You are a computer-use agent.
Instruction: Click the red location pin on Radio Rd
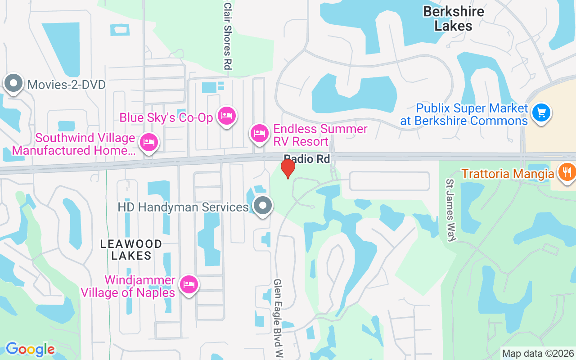click(288, 168)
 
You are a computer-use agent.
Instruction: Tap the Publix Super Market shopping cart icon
click(541, 112)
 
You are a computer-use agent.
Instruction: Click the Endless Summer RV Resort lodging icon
click(260, 134)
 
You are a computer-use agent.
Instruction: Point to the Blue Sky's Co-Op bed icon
click(226, 116)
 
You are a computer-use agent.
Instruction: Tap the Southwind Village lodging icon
click(148, 143)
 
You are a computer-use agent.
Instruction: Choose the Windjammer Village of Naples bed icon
click(189, 284)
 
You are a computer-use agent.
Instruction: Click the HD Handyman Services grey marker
click(263, 206)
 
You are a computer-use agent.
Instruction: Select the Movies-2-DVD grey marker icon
click(13, 83)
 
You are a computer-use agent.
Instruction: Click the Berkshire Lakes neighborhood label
click(454, 18)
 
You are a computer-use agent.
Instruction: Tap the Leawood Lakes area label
click(131, 250)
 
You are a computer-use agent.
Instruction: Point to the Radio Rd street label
click(307, 159)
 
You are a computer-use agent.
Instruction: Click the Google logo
click(30, 349)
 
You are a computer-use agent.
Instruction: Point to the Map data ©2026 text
click(538, 354)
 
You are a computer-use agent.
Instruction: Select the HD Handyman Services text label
click(183, 207)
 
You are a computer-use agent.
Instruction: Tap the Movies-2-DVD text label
click(66, 85)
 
